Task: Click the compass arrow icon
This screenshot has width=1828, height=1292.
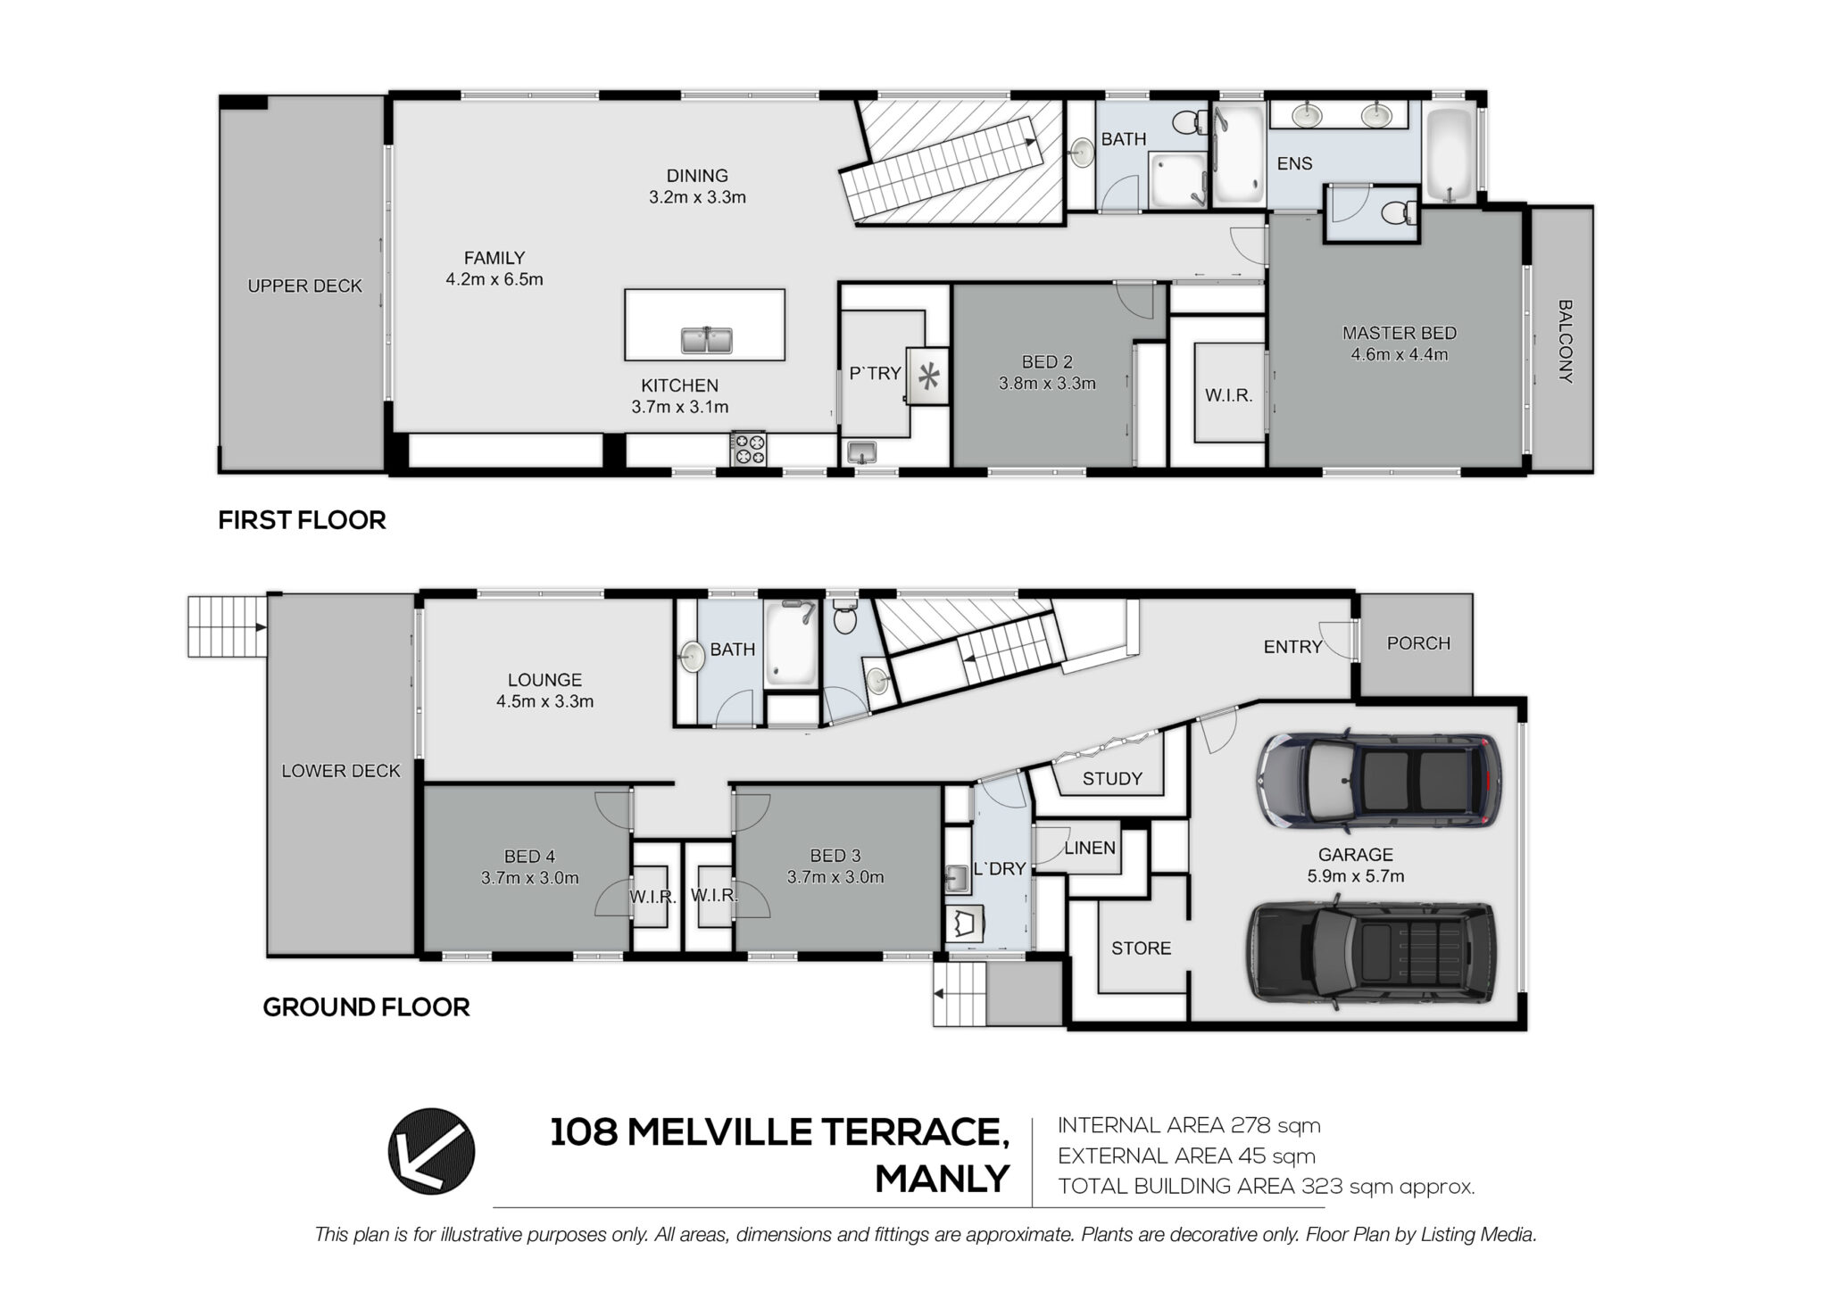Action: pyautogui.click(x=431, y=1151)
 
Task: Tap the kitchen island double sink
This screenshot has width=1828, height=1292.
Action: pyautogui.click(x=706, y=340)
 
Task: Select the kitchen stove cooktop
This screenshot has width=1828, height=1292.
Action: pyautogui.click(x=749, y=448)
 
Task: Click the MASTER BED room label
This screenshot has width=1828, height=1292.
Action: pyautogui.click(x=1399, y=333)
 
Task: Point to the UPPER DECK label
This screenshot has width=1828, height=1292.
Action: pyautogui.click(x=304, y=286)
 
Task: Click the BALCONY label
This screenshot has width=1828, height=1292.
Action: pyautogui.click(x=1565, y=341)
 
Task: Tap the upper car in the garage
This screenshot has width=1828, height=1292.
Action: pyautogui.click(x=1379, y=781)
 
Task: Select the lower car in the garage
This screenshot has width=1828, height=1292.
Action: pyautogui.click(x=1372, y=956)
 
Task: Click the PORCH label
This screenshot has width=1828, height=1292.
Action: pyautogui.click(x=1418, y=643)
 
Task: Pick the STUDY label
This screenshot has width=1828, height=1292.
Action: pyautogui.click(x=1112, y=778)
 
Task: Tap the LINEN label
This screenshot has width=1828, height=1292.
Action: pyautogui.click(x=1090, y=848)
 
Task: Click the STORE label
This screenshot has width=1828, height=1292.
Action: pyautogui.click(x=1141, y=948)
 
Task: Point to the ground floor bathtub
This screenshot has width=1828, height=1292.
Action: pyautogui.click(x=791, y=643)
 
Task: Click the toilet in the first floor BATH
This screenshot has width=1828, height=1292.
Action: pyautogui.click(x=1189, y=122)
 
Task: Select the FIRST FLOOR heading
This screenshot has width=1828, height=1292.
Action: pyautogui.click(x=302, y=520)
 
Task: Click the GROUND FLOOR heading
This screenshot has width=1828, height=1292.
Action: pyautogui.click(x=366, y=1007)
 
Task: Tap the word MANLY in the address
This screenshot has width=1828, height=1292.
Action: pyautogui.click(x=943, y=1180)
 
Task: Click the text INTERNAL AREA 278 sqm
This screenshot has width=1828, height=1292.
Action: pyautogui.click(x=1189, y=1125)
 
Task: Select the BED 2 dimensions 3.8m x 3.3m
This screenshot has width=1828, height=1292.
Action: pyautogui.click(x=1047, y=384)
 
